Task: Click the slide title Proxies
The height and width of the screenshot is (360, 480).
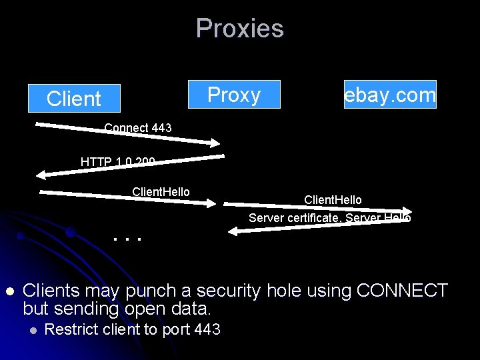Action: tap(240, 29)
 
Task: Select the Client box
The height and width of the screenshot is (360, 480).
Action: tap(74, 99)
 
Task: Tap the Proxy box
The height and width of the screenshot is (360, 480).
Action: tap(234, 95)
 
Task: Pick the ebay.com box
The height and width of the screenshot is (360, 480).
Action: tap(391, 95)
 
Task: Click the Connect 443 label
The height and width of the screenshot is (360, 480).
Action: tap(138, 128)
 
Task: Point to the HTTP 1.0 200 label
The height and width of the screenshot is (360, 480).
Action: tap(118, 162)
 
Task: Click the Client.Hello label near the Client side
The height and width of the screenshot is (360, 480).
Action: tap(161, 192)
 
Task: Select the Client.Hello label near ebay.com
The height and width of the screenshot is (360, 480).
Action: tap(333, 200)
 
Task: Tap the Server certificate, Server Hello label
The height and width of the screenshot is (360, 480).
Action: tap(329, 218)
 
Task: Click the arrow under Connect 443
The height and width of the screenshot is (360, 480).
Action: tap(127, 133)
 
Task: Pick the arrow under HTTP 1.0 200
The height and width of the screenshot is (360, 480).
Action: tap(127, 168)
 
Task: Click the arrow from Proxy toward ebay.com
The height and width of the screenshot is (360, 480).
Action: tap(313, 207)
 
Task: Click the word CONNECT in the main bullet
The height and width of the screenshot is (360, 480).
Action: tap(403, 291)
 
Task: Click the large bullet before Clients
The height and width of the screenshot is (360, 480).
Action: tap(9, 291)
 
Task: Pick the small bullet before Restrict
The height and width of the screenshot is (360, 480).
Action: tap(31, 329)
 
